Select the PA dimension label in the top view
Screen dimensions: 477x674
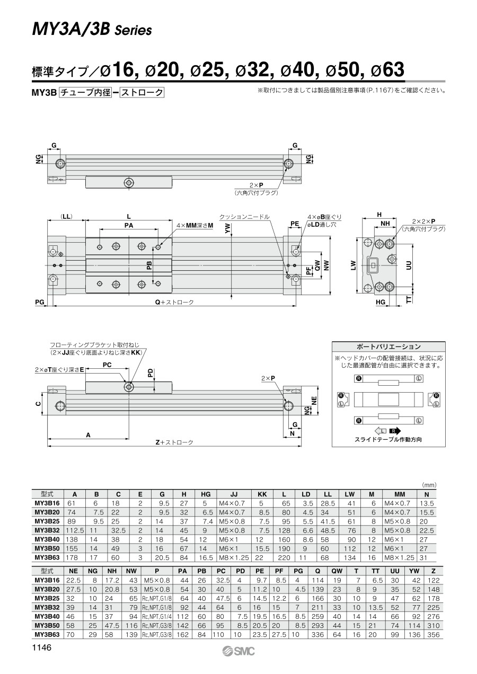129,225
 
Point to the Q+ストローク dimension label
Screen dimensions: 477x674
174,302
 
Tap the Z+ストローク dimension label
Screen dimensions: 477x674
174,442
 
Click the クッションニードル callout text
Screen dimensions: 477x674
244,217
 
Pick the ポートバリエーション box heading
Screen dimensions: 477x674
388,347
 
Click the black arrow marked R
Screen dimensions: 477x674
395,431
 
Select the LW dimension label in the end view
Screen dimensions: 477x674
354,265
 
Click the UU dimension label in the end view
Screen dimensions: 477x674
409,265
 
